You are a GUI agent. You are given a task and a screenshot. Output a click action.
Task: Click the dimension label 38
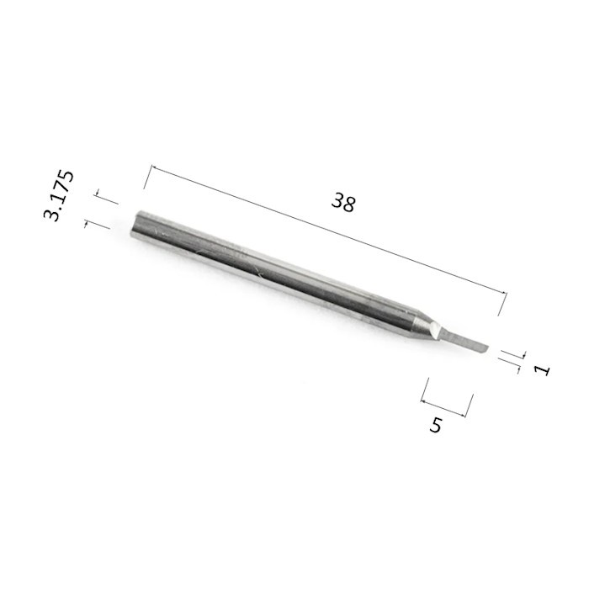343,202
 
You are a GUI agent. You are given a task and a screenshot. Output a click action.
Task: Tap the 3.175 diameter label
59,196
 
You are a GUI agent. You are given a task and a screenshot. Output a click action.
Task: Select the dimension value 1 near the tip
542,370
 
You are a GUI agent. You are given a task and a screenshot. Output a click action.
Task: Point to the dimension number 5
436,425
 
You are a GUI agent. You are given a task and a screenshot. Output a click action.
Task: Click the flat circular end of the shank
135,224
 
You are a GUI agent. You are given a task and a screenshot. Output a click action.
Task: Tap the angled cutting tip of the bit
485,348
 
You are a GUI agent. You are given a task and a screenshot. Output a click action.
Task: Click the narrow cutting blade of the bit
462,340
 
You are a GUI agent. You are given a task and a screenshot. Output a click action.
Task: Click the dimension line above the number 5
443,409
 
